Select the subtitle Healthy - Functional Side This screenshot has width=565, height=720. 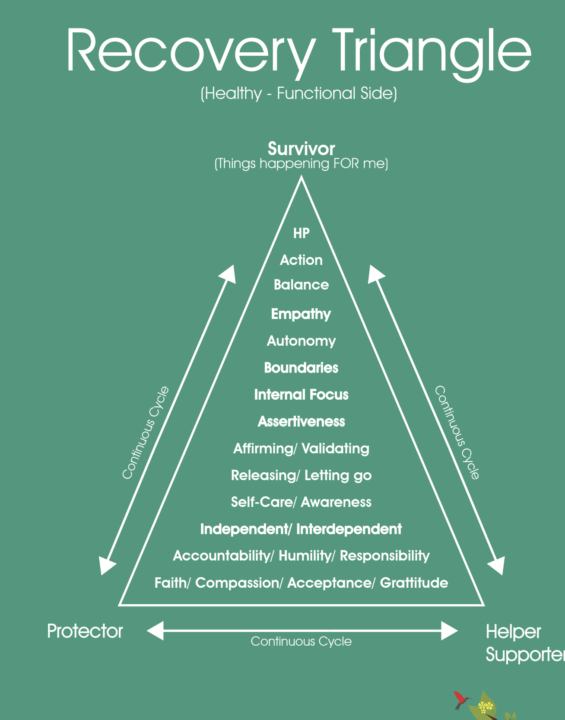click(x=299, y=93)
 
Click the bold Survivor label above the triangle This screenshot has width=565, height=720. click(x=301, y=149)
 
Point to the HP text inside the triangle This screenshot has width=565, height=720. click(x=301, y=233)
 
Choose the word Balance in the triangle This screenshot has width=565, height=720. click(x=301, y=285)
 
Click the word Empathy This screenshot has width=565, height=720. click(x=301, y=314)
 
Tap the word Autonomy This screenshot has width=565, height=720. click(x=301, y=341)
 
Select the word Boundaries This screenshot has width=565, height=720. click(x=301, y=368)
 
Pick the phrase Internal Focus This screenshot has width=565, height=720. click(x=301, y=395)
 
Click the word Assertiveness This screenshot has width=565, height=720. click(x=301, y=421)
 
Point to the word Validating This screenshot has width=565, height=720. click(x=335, y=449)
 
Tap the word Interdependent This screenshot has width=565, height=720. click(x=349, y=529)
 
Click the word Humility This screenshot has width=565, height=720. click(x=304, y=556)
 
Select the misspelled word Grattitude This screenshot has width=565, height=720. click(x=414, y=583)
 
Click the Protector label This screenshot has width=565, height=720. click(x=85, y=631)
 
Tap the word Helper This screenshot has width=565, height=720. click(x=513, y=632)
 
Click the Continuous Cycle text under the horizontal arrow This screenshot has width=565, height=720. click(x=301, y=641)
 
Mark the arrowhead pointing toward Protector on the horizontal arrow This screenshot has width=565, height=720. click(x=155, y=631)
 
